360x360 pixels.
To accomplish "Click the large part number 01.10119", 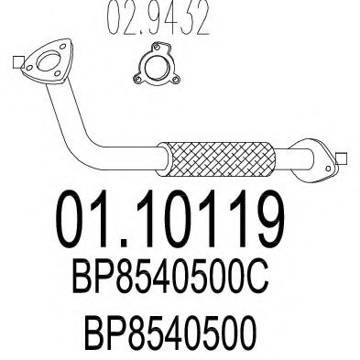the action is point(170,219).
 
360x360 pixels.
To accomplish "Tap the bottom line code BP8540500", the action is point(170,332).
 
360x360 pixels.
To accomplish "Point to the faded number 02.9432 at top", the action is point(158,16).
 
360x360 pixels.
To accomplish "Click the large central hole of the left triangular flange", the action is point(49,61).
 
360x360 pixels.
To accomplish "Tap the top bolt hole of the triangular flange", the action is point(63,47).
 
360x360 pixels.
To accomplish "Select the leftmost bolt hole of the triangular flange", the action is point(29,68).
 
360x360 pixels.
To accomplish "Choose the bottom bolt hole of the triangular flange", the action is point(57,73).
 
